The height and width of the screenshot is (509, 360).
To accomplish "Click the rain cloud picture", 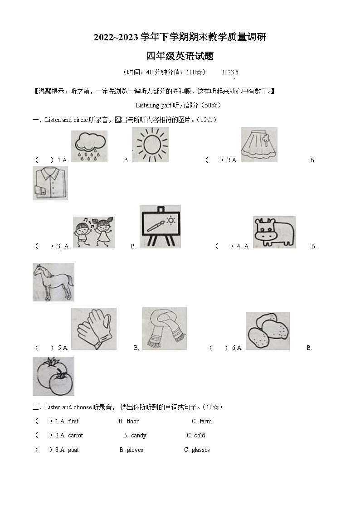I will coord(89,146).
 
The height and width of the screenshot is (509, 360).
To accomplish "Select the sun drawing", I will coord(151,145).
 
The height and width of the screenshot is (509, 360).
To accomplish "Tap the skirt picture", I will coord(259,145).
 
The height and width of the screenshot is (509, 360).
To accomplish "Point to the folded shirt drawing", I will coord(50,183).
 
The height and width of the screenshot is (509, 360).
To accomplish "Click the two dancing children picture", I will coord(94,232).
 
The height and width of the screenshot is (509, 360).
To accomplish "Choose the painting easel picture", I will coord(160,227).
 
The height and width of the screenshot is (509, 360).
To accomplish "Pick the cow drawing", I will coord(274,232).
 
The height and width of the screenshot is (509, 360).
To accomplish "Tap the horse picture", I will coord(53,282).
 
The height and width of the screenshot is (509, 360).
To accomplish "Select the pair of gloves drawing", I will coord(94,329).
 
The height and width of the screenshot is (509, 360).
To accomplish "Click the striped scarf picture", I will coord(165,328).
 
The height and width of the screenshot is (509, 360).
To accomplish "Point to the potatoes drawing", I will coord(268,330).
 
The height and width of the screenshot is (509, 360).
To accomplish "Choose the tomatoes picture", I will coord(53,376).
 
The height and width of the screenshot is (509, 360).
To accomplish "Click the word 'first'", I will coord(73,422).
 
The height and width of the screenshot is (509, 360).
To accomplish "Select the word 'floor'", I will coord(133,422).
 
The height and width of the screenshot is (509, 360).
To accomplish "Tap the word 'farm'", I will coord(206,422).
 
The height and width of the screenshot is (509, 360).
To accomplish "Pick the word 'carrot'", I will coord(75,436).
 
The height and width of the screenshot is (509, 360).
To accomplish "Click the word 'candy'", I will coord(139,436).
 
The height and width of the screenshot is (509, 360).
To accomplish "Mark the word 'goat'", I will coord(73,450).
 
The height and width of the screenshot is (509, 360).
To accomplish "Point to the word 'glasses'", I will coord(201,450).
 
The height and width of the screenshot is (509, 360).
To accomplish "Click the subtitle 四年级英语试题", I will coord(180,56).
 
